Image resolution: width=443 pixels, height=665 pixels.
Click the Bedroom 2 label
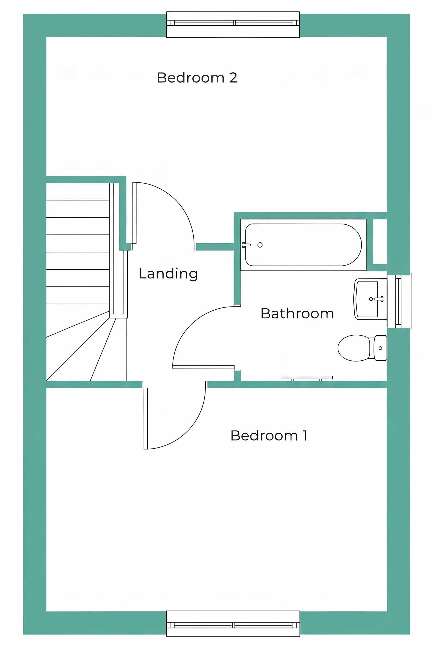[197, 78]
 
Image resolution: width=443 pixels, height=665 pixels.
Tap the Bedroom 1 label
[269, 435]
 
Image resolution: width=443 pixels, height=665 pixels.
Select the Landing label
[168, 274]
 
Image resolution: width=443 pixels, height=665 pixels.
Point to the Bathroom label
[297, 313]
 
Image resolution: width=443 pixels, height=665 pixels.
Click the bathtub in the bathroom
[303, 245]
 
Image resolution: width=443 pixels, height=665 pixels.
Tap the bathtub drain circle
[260, 245]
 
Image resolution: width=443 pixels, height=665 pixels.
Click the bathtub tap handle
[246, 245]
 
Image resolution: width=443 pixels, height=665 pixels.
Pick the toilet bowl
[354, 348]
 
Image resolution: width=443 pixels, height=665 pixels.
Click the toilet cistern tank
[380, 348]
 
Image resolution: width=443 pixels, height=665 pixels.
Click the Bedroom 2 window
[233, 25]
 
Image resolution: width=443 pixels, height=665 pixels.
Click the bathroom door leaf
[203, 367]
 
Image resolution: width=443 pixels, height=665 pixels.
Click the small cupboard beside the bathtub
[380, 241]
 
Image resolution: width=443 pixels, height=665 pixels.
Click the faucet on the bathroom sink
[378, 299]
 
